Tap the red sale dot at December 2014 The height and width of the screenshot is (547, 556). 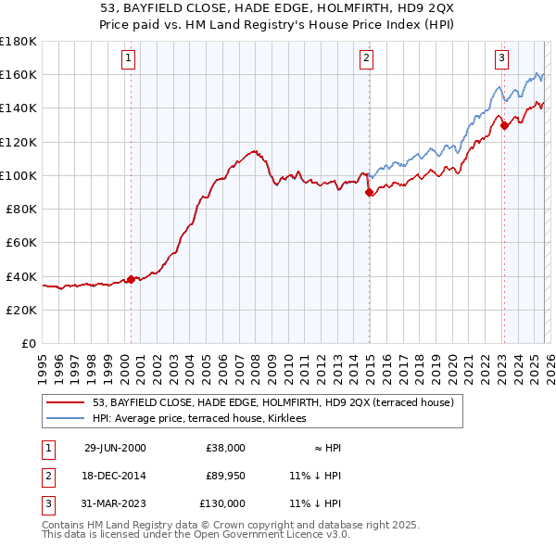(x=369, y=193)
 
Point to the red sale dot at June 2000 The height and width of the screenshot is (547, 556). (x=131, y=279)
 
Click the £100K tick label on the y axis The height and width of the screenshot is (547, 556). (x=19, y=175)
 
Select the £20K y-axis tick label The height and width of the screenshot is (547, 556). (x=21, y=310)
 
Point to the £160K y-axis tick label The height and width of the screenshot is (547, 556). (x=19, y=74)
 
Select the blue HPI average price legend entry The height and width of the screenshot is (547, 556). (x=205, y=420)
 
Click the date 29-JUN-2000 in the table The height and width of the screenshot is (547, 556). (x=115, y=448)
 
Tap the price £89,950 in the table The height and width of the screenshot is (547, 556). (x=225, y=476)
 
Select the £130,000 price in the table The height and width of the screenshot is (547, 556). (x=222, y=503)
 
